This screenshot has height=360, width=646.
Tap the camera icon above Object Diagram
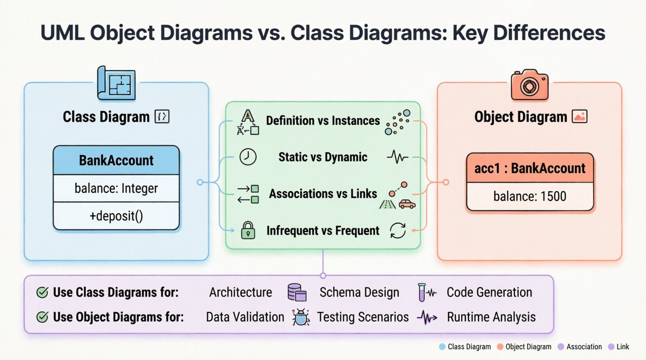click(530, 85)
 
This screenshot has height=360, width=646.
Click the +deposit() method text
click(116, 216)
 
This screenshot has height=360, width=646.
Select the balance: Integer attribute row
click(116, 188)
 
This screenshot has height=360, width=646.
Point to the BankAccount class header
click(116, 160)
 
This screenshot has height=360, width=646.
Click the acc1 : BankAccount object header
click(530, 168)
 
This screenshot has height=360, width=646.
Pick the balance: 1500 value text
click(530, 196)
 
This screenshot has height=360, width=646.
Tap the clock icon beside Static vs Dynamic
click(248, 157)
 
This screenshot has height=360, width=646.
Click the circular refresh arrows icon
click(398, 230)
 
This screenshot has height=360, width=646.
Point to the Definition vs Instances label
click(323, 121)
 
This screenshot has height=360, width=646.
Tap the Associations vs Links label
click(323, 194)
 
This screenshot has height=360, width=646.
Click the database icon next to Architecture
click(297, 292)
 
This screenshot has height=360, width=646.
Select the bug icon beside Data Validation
click(300, 317)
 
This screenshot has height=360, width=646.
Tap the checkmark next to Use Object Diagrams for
click(42, 317)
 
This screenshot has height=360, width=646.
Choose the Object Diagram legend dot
click(500, 347)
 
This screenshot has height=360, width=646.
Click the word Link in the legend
click(622, 347)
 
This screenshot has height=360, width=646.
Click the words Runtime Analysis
click(491, 317)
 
